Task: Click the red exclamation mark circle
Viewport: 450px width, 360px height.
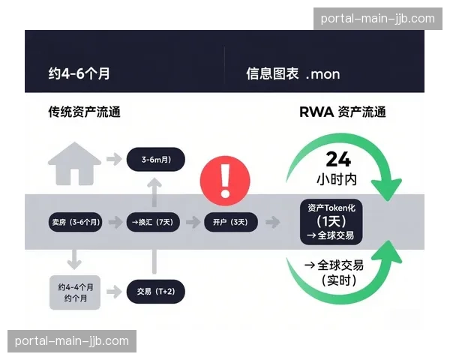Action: (225, 181)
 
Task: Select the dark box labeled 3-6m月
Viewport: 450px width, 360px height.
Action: (154, 160)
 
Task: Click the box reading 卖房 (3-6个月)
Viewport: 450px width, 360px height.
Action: (76, 222)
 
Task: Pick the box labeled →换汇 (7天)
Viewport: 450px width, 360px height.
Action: (154, 222)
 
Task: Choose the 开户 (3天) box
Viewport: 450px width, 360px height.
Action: (231, 222)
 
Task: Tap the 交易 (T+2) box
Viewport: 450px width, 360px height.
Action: (155, 292)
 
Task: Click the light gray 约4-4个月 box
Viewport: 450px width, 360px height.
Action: (75, 292)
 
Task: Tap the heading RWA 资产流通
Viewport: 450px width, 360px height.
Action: (342, 112)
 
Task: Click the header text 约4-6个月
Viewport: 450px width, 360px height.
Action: (79, 73)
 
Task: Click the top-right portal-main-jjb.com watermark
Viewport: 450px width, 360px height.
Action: (377, 18)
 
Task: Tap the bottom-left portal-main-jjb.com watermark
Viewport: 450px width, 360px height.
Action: (72, 341)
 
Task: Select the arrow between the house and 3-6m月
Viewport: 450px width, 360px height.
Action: (114, 159)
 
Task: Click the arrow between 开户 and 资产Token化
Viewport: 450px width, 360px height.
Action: (273, 222)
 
